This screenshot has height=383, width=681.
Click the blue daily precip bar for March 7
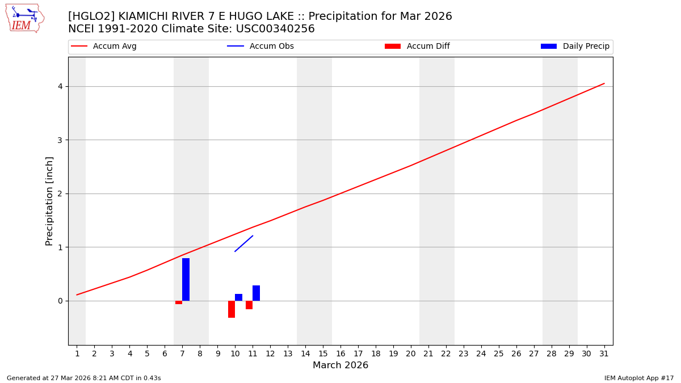click(186, 279)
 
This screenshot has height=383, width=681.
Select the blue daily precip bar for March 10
click(238, 297)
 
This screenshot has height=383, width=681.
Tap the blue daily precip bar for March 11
click(256, 293)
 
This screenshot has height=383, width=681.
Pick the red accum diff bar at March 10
click(232, 309)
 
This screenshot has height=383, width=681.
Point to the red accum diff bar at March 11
click(249, 305)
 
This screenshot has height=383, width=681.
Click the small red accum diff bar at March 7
click(179, 302)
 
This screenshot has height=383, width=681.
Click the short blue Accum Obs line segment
click(243, 243)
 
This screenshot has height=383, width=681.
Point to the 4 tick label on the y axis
click(59, 86)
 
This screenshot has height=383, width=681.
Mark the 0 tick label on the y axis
click(59, 301)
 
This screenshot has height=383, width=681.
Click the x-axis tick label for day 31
click(604, 354)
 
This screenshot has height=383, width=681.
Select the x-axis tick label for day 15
click(323, 354)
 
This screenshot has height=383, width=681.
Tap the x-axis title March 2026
click(340, 365)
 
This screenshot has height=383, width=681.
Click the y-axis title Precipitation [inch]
click(49, 201)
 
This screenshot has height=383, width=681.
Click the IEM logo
click(24, 18)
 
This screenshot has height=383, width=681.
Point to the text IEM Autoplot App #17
click(639, 378)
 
